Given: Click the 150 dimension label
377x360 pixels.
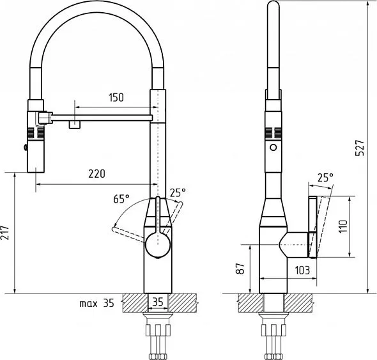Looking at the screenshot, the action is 116,97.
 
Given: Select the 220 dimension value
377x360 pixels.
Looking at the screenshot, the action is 96,174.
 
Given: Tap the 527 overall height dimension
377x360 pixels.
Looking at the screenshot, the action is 360,148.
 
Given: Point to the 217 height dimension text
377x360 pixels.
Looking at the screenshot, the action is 4,233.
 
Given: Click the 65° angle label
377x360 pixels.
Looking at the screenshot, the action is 121,199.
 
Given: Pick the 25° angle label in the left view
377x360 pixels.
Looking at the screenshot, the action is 178,192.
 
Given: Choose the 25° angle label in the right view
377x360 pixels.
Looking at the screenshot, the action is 325,178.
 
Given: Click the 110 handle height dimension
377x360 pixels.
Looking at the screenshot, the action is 343,226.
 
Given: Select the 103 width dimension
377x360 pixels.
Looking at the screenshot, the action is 302,270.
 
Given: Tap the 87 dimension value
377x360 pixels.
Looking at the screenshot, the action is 240,269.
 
